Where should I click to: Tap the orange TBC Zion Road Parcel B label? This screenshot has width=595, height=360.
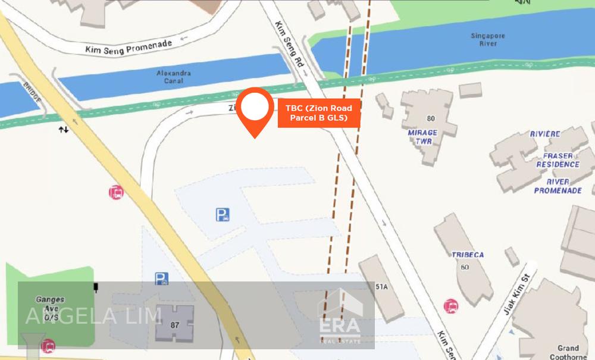pyautogui.click(x=319, y=113)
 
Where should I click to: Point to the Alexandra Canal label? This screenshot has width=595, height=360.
pyautogui.click(x=174, y=77)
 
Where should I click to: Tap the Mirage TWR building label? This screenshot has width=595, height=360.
pyautogui.click(x=422, y=136)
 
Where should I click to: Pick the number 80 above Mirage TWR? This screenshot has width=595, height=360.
pyautogui.click(x=431, y=118)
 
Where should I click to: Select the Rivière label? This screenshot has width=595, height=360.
pyautogui.click(x=545, y=134)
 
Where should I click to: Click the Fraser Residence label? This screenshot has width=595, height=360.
pyautogui.click(x=558, y=159)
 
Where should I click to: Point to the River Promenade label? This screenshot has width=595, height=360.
pyautogui.click(x=558, y=186)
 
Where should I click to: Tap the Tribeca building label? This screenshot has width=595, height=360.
pyautogui.click(x=468, y=255)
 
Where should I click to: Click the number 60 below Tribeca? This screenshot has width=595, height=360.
pyautogui.click(x=465, y=267)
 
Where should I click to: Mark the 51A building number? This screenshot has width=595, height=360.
pyautogui.click(x=381, y=286)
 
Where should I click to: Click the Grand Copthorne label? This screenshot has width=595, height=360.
pyautogui.click(x=568, y=352)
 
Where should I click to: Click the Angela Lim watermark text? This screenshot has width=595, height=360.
pyautogui.click(x=93, y=316)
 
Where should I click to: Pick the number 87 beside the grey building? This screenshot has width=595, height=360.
pyautogui.click(x=174, y=325)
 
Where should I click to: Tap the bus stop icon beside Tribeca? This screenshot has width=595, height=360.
pyautogui.click(x=452, y=306)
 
